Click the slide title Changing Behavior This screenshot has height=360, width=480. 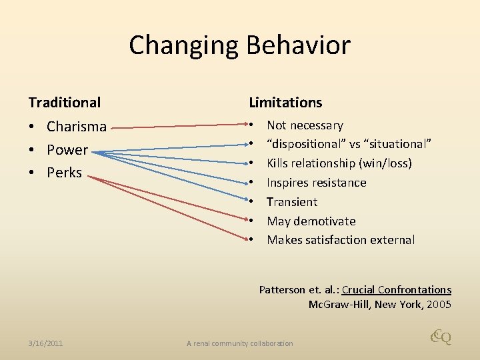(239, 45)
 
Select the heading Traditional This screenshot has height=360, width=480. (65, 102)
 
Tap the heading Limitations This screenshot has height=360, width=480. (285, 102)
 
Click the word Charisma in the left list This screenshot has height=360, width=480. (77, 126)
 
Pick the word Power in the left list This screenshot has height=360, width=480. (67, 149)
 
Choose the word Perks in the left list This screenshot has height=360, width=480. (64, 172)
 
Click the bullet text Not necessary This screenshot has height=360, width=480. (305, 125)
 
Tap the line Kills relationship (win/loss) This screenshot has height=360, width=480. (339, 163)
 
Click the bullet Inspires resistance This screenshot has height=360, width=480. (316, 183)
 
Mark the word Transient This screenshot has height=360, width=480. (292, 202)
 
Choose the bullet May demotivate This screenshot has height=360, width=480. (311, 221)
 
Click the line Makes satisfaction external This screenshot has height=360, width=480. (341, 240)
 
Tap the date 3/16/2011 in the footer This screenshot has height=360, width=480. (46, 343)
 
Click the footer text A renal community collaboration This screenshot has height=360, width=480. (239, 343)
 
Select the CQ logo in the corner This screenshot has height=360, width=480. (441, 337)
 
